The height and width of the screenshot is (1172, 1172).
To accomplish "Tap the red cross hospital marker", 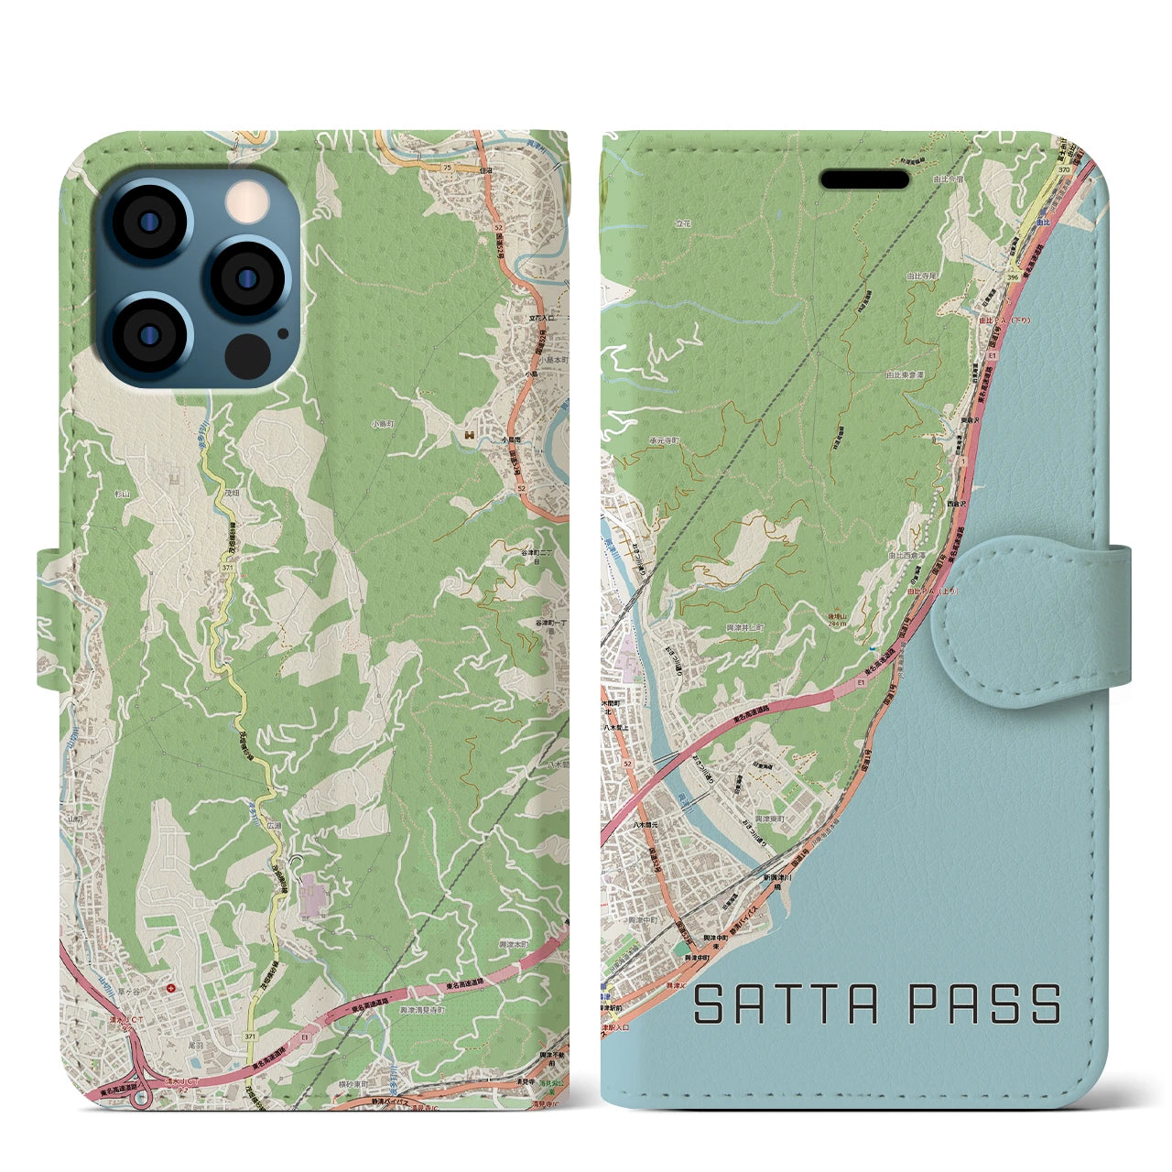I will tap(173, 988).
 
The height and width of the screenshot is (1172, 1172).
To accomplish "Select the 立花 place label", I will tap(683, 222).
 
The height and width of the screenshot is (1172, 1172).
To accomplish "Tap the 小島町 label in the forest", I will tap(383, 424).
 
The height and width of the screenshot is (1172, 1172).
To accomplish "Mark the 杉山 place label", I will tap(123, 492).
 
